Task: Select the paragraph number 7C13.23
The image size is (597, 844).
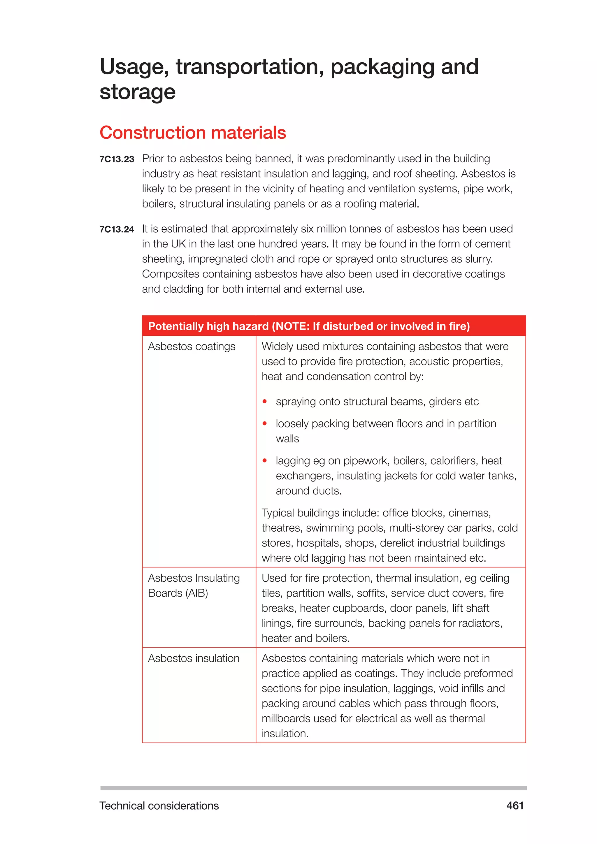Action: (117, 159)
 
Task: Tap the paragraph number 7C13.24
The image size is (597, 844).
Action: (117, 229)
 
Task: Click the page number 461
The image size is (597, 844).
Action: (515, 806)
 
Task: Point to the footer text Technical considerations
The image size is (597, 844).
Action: (159, 806)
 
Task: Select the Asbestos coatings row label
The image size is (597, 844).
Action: (192, 346)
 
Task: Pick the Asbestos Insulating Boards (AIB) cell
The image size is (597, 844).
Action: (194, 585)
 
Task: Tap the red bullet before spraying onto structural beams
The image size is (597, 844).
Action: (264, 401)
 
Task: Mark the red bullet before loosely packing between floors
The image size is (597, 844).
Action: (264, 423)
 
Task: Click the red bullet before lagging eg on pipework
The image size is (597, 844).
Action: (264, 460)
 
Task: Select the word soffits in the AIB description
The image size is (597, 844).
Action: (372, 593)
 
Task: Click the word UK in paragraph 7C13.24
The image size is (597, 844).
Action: (178, 244)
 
